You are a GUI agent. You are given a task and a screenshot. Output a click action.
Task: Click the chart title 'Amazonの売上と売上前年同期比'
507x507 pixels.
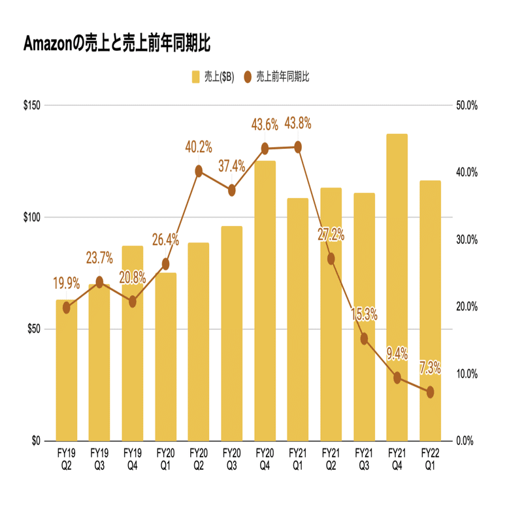(x=117, y=44)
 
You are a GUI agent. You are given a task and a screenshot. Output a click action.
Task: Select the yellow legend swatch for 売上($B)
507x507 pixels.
(x=195, y=77)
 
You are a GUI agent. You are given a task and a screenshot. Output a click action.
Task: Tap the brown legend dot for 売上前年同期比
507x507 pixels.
(x=248, y=77)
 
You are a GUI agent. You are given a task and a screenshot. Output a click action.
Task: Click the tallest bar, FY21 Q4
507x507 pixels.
(x=397, y=287)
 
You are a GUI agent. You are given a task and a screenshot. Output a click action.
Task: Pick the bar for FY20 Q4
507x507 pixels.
(x=265, y=301)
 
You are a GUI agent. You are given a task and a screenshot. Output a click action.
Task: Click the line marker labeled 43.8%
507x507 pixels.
(x=298, y=147)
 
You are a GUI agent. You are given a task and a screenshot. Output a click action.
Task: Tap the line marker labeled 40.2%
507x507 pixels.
(x=199, y=171)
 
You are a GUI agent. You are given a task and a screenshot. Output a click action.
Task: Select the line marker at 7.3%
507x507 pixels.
(x=430, y=392)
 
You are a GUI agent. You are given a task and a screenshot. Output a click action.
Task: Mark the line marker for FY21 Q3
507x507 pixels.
(x=364, y=338)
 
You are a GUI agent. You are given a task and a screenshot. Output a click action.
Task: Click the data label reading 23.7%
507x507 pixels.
(x=99, y=257)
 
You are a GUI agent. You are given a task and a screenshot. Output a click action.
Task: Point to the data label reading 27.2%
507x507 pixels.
(x=331, y=235)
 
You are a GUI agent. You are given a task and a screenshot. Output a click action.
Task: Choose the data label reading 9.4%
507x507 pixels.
(x=397, y=354)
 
